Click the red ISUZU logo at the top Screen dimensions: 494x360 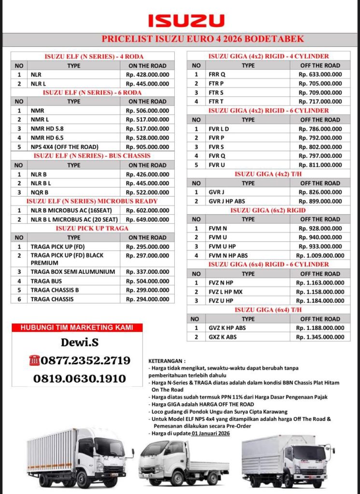pos(186,20)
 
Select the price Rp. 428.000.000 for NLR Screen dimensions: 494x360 pos(148,75)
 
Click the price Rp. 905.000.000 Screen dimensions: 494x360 pos(148,147)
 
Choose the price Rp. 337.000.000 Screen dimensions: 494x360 pos(148,272)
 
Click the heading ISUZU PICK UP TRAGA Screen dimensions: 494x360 pos(92,228)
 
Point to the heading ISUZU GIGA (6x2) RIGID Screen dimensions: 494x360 pos(268,210)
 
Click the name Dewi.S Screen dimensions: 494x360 pos(77,343)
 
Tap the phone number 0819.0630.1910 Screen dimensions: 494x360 pos(80,379)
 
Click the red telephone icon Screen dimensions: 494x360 pos(35,360)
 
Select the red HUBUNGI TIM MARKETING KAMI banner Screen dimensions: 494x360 pos(77,328)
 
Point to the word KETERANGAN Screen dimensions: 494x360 pos(166,360)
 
